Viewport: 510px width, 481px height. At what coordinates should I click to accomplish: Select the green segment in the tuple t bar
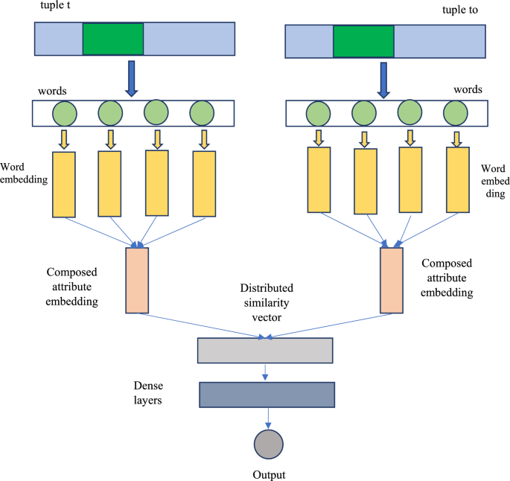click(112, 39)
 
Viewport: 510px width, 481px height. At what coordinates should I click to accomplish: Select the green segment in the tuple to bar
click(363, 42)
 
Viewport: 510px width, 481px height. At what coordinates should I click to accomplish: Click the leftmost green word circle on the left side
click(63, 113)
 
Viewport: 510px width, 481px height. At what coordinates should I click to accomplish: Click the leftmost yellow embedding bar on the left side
click(64, 184)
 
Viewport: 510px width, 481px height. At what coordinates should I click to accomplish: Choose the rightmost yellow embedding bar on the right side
click(457, 179)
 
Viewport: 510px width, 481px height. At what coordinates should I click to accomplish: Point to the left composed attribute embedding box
click(137, 280)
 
